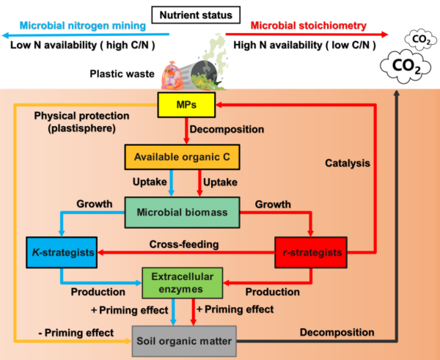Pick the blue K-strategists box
pyautogui.click(x=62, y=252)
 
